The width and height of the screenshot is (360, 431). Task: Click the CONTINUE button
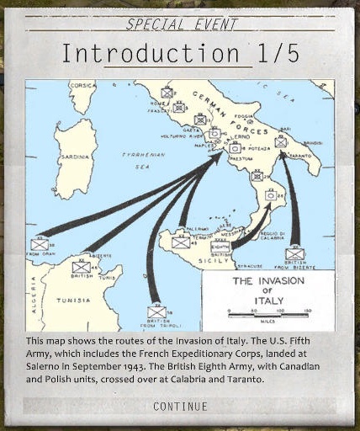coord(179,407)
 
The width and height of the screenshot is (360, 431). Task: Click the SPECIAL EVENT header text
coord(179,24)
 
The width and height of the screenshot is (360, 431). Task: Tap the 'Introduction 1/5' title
coord(179,54)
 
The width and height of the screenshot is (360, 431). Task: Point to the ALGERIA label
coord(34,295)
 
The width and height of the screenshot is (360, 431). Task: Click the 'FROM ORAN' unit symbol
coord(40,244)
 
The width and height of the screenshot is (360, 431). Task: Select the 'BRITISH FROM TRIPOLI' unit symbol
coord(156,311)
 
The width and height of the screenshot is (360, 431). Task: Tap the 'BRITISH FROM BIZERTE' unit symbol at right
coord(294,253)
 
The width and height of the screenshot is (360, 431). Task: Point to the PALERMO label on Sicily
coord(196,228)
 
